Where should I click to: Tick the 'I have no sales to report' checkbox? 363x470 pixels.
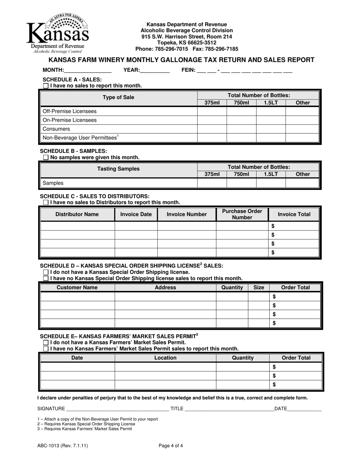pos(46,86)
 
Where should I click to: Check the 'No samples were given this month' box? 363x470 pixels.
pos(46,157)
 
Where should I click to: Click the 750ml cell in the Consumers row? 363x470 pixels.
pos(241,129)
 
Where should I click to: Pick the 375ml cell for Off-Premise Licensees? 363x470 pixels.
pos(212,111)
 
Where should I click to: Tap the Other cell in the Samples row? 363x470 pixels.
pos(302,183)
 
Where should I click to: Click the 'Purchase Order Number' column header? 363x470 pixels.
pos(242,214)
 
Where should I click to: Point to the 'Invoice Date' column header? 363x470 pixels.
pos(136,214)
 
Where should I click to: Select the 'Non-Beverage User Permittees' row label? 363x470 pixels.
pos(80,138)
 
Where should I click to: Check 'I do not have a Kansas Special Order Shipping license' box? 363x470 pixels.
pos(46,272)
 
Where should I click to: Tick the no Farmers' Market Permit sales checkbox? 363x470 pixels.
pos(46,349)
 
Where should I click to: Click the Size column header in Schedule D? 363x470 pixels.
pos(259,287)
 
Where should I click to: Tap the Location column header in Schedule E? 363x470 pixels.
pos(165,358)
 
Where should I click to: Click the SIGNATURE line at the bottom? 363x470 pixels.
pos(118,409)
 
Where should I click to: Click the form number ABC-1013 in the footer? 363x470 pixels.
pos(59,445)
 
